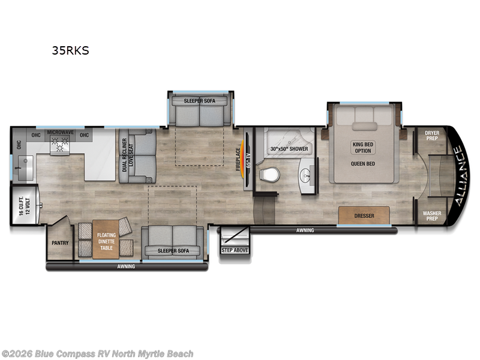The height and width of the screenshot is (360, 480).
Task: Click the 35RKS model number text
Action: click(70, 50)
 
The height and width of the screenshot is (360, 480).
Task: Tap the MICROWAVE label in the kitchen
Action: click(60, 131)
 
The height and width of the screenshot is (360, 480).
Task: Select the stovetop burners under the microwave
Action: click(60, 144)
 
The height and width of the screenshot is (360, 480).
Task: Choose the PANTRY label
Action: click(60, 243)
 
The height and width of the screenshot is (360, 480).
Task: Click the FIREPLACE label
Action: click(238, 160)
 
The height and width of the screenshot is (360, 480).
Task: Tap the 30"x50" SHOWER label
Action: click(289, 149)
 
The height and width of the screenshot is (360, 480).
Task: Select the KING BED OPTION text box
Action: click(363, 147)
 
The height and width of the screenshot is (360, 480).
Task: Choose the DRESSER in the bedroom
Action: click(364, 215)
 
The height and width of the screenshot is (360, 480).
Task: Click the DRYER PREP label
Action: click(433, 136)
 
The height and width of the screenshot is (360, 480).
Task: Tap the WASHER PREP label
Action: click(433, 216)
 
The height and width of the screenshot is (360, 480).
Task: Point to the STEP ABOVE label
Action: click(235, 250)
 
